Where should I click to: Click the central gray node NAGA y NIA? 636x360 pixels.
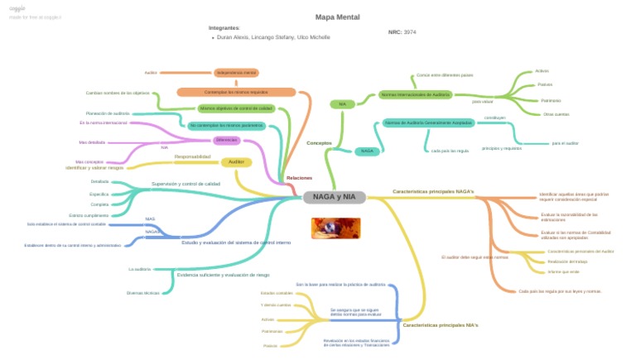point(334,197)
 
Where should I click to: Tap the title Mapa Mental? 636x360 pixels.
point(337,17)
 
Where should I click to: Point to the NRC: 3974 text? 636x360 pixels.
point(402,32)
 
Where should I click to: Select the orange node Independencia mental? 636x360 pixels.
point(236,73)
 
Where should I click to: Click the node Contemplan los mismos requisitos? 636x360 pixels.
point(236,93)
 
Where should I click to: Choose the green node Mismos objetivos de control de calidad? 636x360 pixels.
point(236,108)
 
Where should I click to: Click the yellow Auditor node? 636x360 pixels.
point(236,162)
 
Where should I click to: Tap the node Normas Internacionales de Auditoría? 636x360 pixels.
point(416,95)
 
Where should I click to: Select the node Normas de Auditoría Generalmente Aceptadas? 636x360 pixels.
point(428,123)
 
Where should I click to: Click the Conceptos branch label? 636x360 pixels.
point(319,143)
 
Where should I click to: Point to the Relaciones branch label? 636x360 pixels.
point(299,178)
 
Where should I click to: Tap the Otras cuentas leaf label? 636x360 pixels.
point(556,114)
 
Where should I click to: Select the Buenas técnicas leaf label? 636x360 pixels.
point(142,293)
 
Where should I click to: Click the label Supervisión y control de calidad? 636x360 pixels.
point(185,184)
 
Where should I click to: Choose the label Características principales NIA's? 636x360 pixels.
point(441,325)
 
